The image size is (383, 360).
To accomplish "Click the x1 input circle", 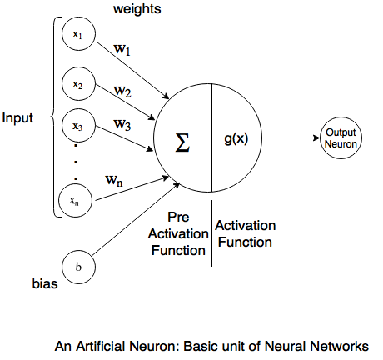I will (x=77, y=36).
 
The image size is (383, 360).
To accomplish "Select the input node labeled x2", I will (x=77, y=84).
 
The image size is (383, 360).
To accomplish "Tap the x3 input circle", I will (x=77, y=127).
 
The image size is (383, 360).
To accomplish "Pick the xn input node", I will (x=77, y=201).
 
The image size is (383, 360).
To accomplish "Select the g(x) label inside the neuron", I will (x=236, y=139).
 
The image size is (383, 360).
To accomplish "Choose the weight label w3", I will (x=123, y=126).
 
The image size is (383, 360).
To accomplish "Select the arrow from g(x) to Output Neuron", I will (x=287, y=138).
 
